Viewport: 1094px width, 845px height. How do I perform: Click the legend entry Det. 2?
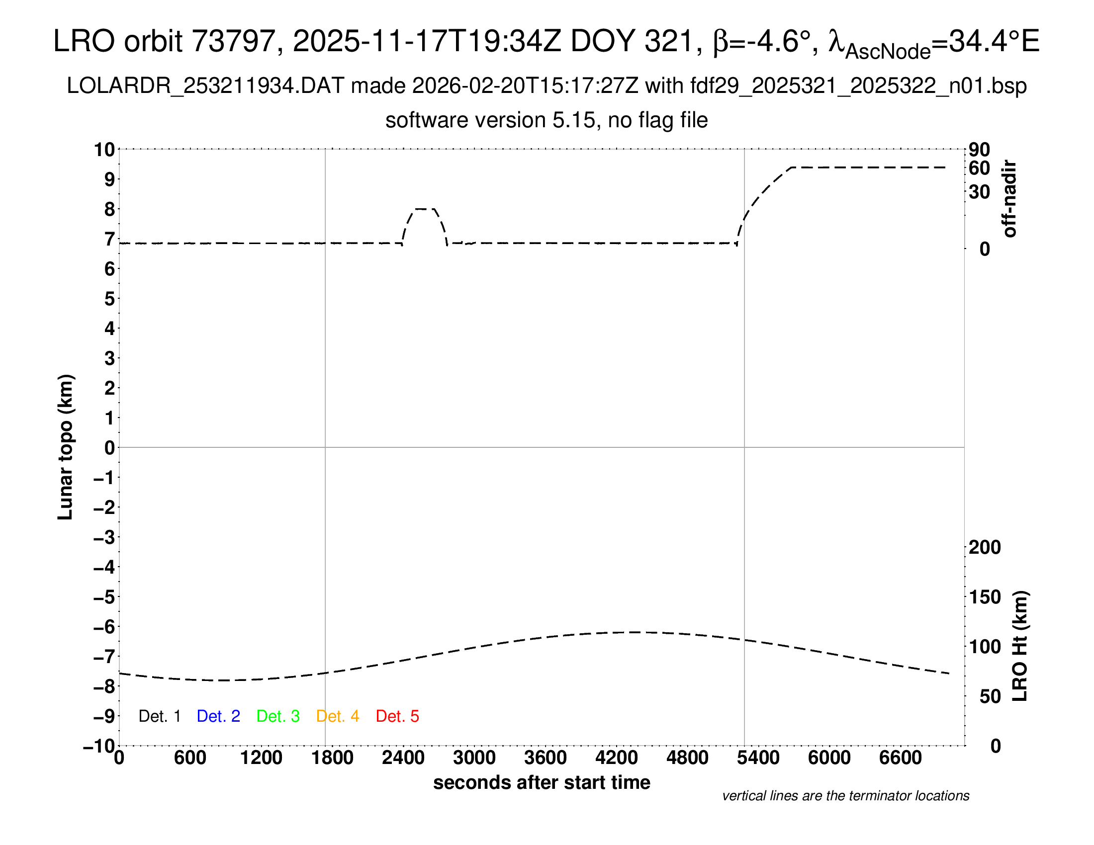click(218, 716)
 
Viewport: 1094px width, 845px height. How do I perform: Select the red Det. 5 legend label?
click(397, 716)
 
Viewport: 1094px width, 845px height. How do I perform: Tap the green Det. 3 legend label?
click(278, 716)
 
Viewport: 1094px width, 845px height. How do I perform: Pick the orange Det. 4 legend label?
click(338, 716)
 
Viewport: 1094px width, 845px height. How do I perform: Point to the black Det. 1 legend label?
click(159, 716)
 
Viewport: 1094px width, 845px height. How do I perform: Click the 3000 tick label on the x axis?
click(474, 758)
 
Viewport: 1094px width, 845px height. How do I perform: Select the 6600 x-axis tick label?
click(900, 758)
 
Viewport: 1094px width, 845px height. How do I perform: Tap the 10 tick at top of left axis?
click(105, 149)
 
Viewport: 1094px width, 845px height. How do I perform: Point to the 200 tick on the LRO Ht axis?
click(984, 547)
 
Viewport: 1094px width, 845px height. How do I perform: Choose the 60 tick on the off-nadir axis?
click(979, 168)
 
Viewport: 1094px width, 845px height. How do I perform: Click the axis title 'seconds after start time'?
click(542, 782)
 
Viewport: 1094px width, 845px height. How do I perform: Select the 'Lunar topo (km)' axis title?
click(66, 447)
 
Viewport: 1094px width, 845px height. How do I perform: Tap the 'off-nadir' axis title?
click(1009, 199)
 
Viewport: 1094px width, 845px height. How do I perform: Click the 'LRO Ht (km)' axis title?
click(1020, 646)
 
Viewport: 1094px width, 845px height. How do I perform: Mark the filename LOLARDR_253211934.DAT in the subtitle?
click(205, 86)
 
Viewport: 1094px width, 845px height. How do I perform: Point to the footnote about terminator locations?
click(845, 796)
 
